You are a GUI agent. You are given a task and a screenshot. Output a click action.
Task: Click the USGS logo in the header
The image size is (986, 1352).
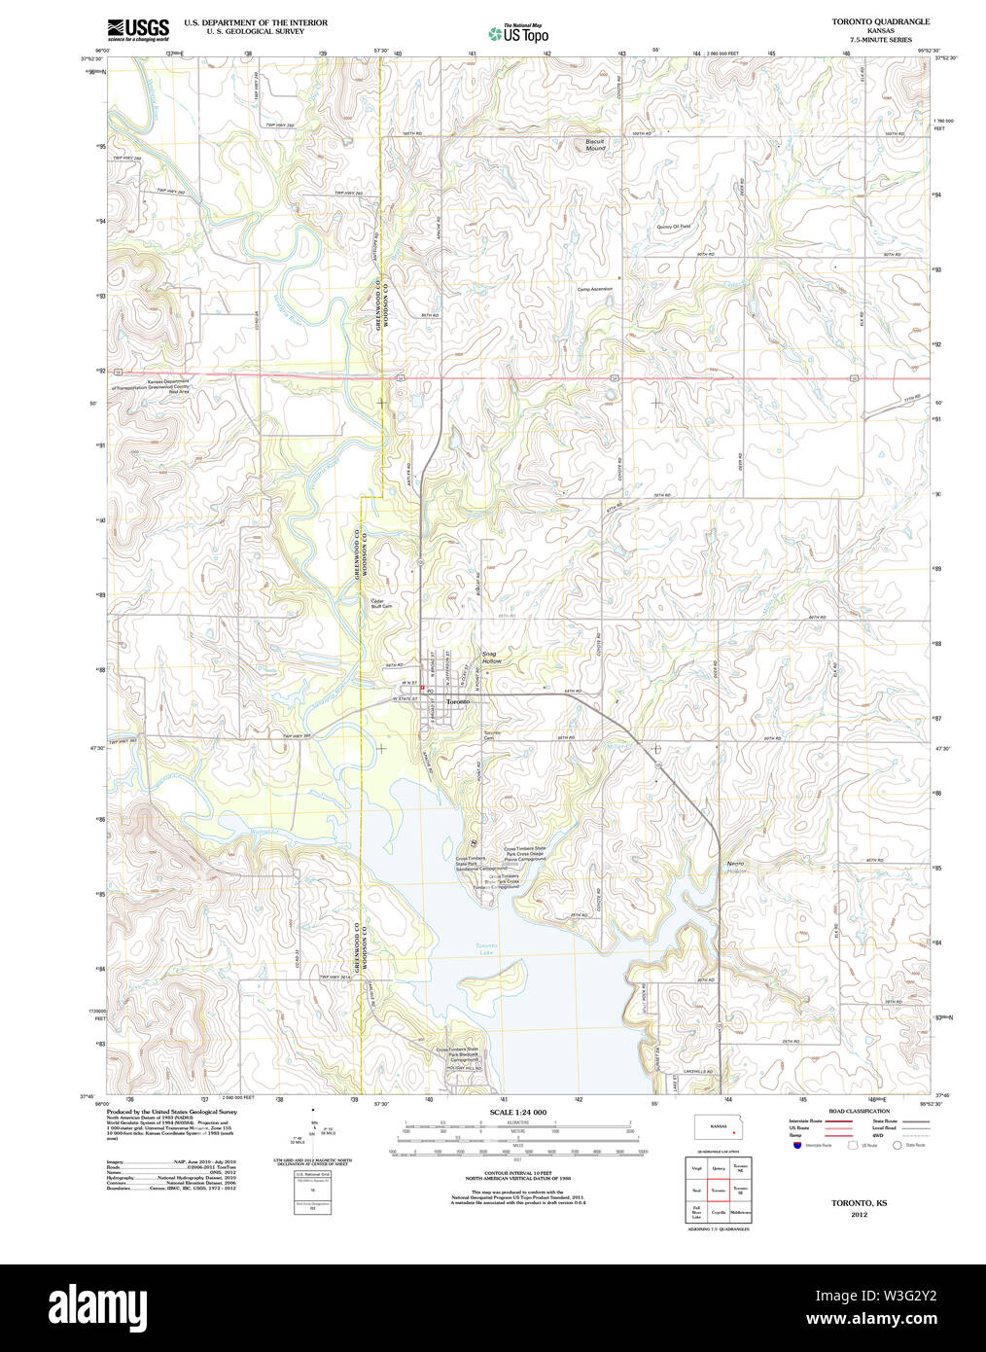[137, 29]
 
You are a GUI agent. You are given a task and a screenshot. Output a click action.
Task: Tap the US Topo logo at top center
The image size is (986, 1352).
[518, 34]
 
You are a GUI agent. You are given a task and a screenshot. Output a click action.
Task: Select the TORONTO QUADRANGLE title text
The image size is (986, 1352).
[880, 21]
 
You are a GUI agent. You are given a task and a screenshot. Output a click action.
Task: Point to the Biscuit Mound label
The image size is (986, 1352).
[594, 145]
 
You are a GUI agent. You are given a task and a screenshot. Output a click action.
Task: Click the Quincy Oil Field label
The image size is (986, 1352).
[673, 227]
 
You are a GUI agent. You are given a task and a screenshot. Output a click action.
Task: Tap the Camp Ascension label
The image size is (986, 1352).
[594, 289]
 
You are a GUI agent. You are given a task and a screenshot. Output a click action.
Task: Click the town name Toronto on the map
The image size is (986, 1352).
[457, 701]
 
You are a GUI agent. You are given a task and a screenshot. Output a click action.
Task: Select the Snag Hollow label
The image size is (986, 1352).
[491, 658]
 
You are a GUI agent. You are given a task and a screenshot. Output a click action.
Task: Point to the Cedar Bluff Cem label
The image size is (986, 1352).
[381, 603]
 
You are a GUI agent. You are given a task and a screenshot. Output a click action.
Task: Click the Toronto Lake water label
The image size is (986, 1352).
[486, 948]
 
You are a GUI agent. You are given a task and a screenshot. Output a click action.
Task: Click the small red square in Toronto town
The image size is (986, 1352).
[423, 689]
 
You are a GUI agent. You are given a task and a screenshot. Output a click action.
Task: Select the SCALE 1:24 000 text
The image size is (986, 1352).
[517, 1112]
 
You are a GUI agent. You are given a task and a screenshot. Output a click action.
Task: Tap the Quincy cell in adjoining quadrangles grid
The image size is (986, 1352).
[719, 1168]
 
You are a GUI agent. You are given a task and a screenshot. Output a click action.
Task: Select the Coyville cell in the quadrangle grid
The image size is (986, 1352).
[719, 1212]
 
